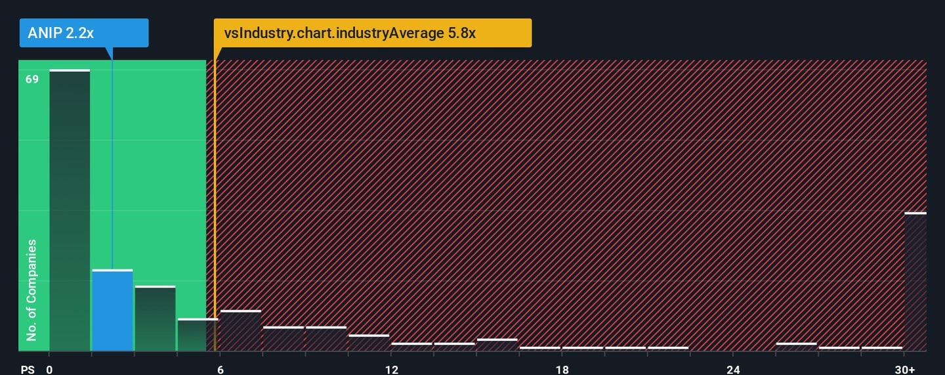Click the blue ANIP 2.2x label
84,33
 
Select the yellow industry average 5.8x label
372,33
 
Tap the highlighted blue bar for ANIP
112,310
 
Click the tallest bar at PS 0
70,210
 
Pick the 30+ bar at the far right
915,282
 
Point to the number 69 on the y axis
32,79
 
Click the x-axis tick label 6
220,370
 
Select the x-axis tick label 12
391,370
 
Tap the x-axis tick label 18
562,370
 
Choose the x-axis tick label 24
733,370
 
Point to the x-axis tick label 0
49,370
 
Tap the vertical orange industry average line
215,197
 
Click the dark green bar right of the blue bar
155,319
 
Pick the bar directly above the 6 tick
240,330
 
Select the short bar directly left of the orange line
198,335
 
